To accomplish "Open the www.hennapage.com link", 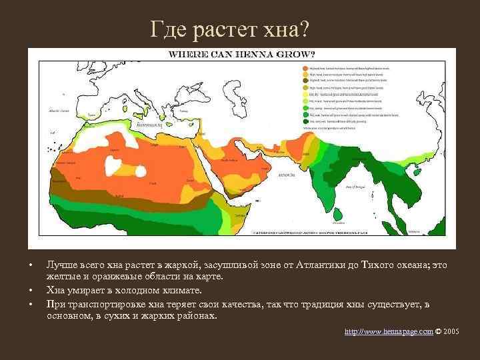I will pos(389,331).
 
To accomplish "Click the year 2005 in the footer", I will pos(450,331).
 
